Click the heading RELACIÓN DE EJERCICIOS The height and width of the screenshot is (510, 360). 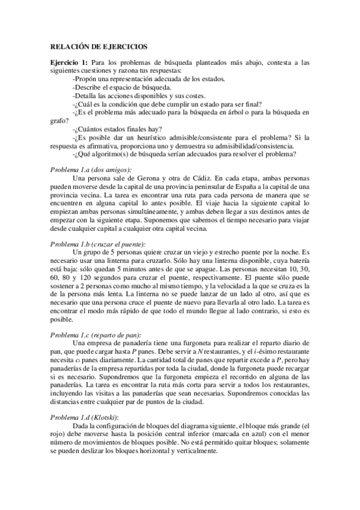98,46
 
